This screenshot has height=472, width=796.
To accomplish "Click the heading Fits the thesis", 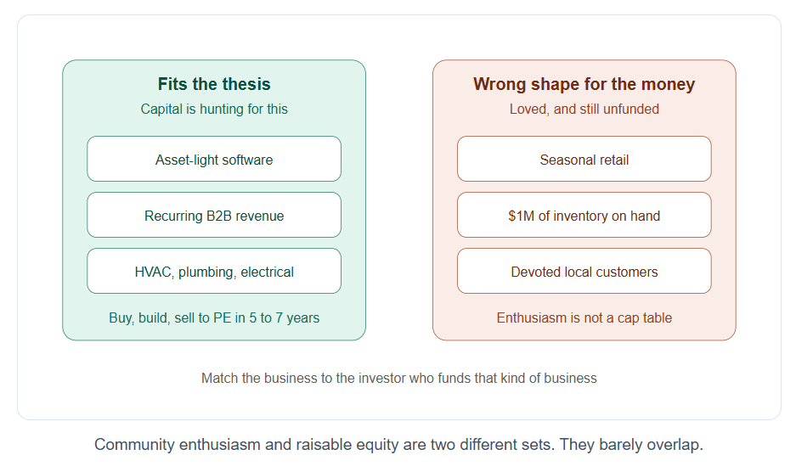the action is pos(214,84).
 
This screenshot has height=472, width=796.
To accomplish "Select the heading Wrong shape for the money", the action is pos(584,84).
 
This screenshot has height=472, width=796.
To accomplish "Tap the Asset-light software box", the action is pos(214,159).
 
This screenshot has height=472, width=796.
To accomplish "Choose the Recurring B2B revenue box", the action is pos(214,215).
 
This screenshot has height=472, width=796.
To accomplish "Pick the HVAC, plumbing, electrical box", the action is pos(214,271).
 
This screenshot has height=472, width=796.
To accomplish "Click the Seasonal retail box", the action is pos(584,159).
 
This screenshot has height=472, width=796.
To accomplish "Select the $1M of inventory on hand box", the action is pos(584,215).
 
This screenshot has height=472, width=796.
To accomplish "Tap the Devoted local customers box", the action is pos(584,271).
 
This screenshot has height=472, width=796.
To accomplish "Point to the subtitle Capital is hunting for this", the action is pos(214,110).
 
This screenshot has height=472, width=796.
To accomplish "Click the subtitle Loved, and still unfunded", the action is pos(584,110).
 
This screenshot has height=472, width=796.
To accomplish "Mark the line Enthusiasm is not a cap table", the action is pos(584,317).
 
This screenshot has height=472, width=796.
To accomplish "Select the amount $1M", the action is pos(521,216).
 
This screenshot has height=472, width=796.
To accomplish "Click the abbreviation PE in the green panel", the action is pos(223,317).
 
